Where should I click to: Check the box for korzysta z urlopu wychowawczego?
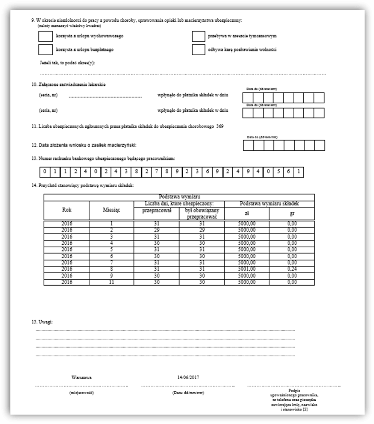coord(45,36)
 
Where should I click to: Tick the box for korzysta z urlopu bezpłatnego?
coord(45,50)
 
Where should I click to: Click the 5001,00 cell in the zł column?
coord(247,269)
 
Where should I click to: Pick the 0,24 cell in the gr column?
coord(292,269)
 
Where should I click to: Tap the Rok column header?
coord(67,210)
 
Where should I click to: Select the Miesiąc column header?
coord(111,210)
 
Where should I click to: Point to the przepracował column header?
coord(156,210)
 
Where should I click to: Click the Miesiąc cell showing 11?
coord(111,282)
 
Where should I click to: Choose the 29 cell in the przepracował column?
coord(156,229)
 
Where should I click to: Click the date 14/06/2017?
coord(188,377)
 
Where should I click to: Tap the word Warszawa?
coord(82,377)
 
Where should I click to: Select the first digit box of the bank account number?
coord(44,172)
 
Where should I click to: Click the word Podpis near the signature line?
coord(294,391)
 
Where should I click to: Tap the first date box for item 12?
coord(248,145)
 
